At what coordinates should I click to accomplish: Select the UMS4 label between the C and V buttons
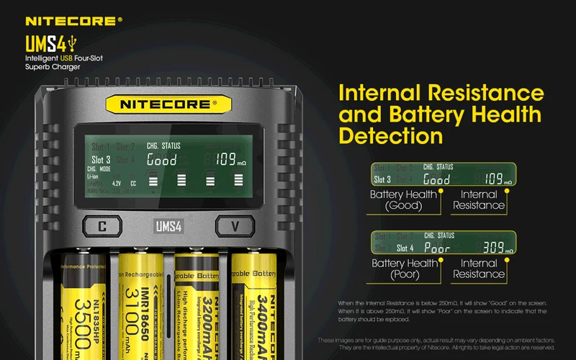coord(168,226)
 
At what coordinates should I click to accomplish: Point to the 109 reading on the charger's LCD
coord(225,160)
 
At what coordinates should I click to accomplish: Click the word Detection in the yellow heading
coord(391,135)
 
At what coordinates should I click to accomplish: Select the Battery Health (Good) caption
coord(403,200)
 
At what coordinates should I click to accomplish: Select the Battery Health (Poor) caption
coord(404,269)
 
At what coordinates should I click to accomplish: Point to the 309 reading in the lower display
coord(495,248)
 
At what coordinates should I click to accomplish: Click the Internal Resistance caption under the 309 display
coord(479,269)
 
